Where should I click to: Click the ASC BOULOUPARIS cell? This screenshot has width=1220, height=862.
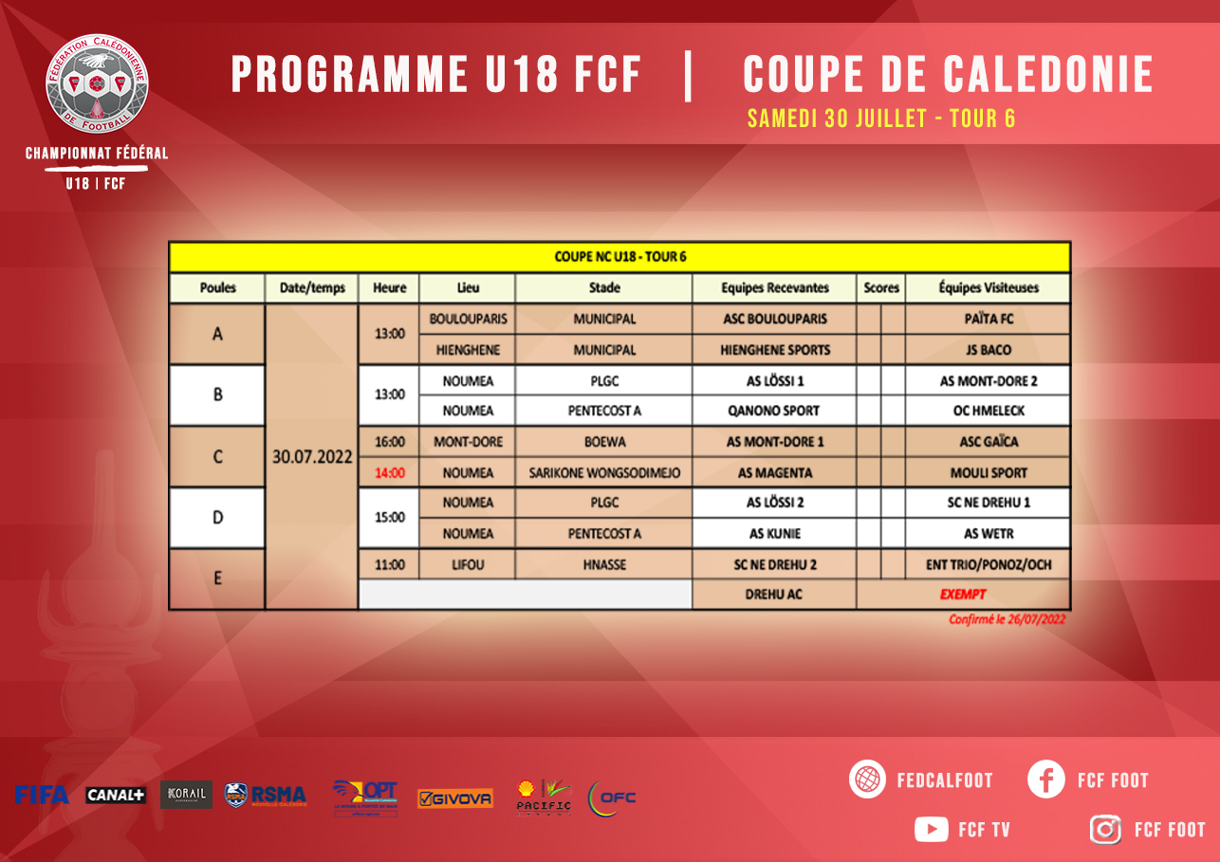(775, 319)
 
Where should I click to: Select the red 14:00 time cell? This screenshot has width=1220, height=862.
(389, 472)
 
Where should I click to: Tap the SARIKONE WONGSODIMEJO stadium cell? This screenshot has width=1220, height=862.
(604, 472)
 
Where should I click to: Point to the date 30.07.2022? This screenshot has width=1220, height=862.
(312, 456)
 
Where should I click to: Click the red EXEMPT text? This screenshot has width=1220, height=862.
(963, 595)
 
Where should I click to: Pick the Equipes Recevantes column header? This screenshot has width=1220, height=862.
(775, 287)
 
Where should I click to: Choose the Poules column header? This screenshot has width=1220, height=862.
(217, 287)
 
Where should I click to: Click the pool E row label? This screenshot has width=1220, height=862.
(217, 578)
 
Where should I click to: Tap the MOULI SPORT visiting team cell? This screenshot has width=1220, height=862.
(989, 472)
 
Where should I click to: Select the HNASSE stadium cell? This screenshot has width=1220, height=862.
(604, 564)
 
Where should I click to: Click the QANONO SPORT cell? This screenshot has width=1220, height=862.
(775, 411)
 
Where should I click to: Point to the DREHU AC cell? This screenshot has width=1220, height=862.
(775, 595)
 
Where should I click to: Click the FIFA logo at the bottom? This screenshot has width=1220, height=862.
(41, 795)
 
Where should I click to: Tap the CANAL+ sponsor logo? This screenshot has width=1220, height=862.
(115, 795)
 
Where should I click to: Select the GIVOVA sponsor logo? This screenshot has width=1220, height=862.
(455, 798)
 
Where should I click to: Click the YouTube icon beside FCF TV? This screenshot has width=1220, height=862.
(931, 829)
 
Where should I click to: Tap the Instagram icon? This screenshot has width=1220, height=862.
(1105, 829)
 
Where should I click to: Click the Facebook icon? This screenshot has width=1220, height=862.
(1046, 779)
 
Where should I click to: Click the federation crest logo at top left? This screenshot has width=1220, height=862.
(97, 84)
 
